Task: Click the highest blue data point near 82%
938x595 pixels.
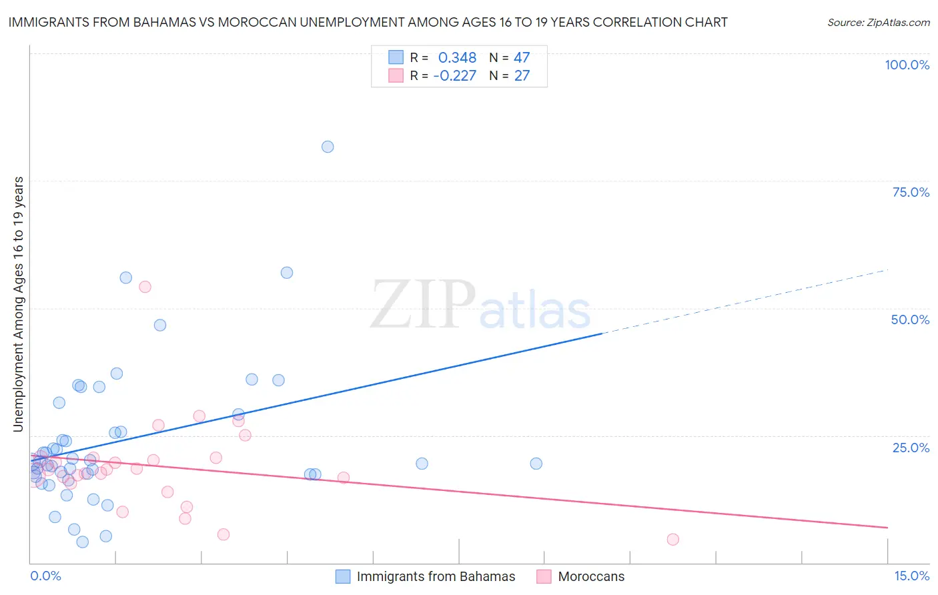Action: [328, 147]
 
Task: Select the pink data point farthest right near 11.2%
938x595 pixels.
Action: [672, 540]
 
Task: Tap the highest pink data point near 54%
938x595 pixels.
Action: [145, 287]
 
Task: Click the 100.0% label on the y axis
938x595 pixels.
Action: [907, 65]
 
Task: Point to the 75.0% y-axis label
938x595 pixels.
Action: [911, 192]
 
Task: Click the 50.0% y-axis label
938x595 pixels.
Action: [910, 320]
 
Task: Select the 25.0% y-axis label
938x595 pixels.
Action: [911, 448]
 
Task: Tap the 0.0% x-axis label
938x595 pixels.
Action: [45, 576]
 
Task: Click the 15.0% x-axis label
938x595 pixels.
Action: [911, 576]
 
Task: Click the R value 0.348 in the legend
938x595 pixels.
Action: [457, 58]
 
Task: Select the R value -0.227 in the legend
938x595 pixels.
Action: [454, 76]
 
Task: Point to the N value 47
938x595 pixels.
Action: [522, 58]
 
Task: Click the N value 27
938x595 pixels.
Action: [522, 76]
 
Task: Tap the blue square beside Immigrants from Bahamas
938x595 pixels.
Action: [343, 577]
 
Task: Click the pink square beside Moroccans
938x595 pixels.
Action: [544, 577]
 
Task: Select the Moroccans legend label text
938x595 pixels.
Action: [591, 577]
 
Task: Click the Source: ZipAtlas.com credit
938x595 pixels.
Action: [878, 23]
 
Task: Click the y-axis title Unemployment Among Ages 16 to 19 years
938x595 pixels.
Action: [19, 304]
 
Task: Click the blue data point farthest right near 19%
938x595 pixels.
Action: [536, 464]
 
